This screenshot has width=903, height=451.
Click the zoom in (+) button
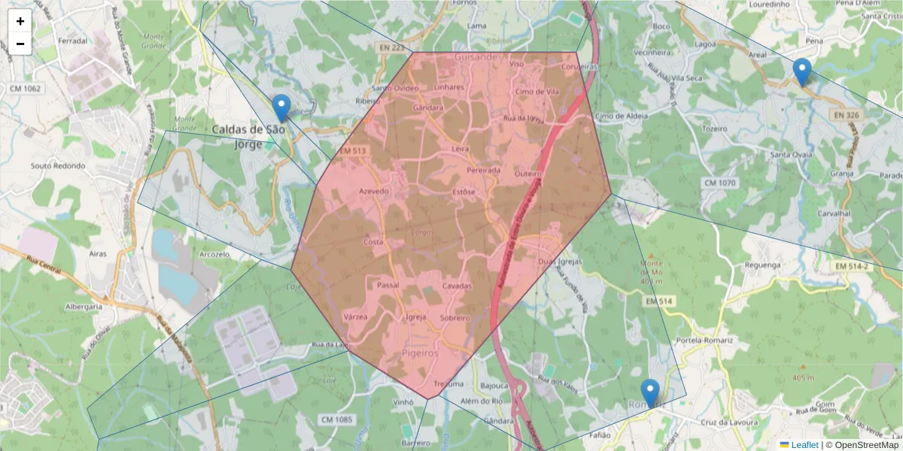pos(20,21)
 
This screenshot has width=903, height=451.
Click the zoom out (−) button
pos(20,44)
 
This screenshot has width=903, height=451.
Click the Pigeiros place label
pos(420,351)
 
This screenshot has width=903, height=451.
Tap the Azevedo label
pos(374,192)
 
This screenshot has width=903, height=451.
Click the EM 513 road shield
pos(352,151)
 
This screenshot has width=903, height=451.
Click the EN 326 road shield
pos(847,115)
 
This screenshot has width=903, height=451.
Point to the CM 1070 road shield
pos(719,183)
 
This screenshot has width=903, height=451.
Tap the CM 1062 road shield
pos(25,89)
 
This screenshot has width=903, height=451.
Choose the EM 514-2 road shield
pos(851,266)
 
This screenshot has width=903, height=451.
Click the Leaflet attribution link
pos(804,445)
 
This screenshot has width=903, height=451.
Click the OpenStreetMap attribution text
pos(862,445)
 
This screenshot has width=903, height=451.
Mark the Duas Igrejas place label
pos(561,262)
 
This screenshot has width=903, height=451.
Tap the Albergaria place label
pos(84,307)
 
